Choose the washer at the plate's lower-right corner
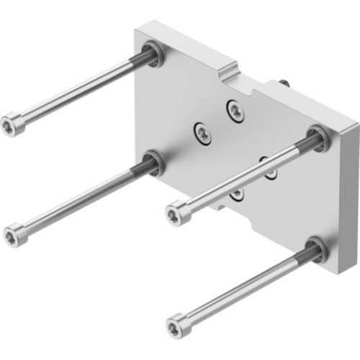click(x=316, y=248)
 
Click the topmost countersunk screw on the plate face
click(x=235, y=110)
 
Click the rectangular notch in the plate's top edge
click(x=229, y=70)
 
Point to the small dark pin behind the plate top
click(x=285, y=84)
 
